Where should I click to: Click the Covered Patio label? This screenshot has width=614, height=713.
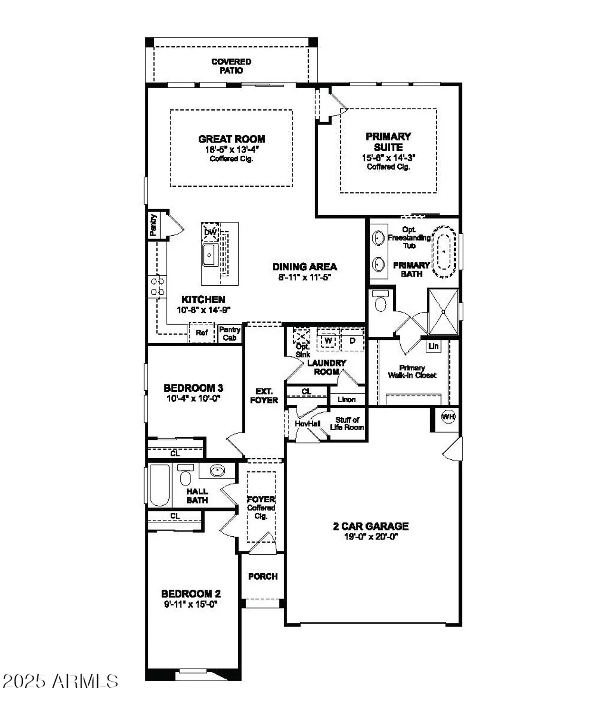coord(231,66)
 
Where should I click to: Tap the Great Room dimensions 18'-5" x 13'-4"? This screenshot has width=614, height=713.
coord(231,149)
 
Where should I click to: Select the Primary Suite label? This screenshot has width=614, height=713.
coord(388,142)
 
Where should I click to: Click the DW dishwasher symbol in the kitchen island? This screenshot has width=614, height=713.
coord(210,232)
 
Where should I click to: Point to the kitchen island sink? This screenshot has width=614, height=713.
coord(210,255)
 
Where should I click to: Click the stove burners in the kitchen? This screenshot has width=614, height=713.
coord(157,286)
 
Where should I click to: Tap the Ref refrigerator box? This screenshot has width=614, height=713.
coord(201,333)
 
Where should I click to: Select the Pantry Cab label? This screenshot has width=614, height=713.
coord(230,333)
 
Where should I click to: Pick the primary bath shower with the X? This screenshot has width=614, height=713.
coord(443,311)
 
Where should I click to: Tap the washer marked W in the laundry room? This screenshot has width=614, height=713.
coord(328,341)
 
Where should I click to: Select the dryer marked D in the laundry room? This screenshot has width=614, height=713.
coord(353,341)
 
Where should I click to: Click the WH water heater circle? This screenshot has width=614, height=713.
coord(448,417)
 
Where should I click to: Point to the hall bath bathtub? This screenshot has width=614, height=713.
coord(159,485)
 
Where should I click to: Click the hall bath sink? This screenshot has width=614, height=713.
coord(217,471)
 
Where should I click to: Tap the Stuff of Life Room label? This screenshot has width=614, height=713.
coord(347,424)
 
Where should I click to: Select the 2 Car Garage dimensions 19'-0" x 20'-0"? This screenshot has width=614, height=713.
coord(371,537)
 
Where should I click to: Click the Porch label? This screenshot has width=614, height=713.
coord(263,576)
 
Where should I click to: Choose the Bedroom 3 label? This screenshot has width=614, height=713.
coord(193,388)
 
